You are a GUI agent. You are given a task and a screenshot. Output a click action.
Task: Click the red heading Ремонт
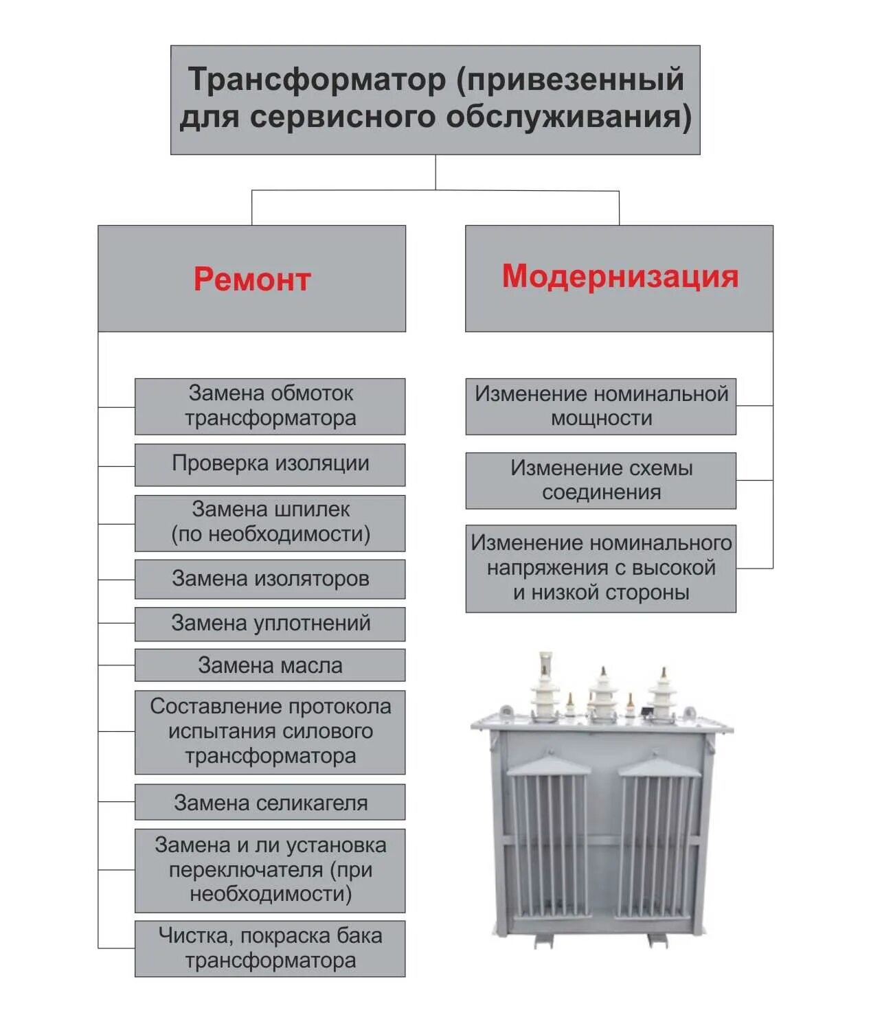click(251, 279)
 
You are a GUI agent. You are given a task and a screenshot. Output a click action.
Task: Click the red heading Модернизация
click(620, 276)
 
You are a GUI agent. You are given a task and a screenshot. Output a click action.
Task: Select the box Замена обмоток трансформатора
click(270, 406)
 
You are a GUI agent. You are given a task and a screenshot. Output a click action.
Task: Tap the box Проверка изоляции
click(270, 464)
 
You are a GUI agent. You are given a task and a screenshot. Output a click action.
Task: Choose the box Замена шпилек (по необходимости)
click(270, 523)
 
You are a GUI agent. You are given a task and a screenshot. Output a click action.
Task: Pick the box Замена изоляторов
click(270, 579)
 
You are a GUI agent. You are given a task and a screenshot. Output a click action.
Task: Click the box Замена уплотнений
click(270, 623)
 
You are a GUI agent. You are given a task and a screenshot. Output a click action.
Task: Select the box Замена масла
click(270, 665)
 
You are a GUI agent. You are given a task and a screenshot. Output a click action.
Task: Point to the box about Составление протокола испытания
click(270, 731)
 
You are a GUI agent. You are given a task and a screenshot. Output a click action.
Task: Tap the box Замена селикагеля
click(270, 802)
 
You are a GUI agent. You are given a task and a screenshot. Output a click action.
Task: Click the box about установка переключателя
click(270, 870)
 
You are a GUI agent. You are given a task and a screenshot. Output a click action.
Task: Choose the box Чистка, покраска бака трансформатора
click(270, 948)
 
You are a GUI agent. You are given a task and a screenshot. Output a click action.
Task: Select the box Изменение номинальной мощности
click(601, 406)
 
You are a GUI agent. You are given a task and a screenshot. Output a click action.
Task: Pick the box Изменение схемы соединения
click(601, 480)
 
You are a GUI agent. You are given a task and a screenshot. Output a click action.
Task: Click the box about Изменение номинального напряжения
click(601, 568)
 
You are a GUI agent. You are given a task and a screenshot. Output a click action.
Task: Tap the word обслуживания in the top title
click(569, 117)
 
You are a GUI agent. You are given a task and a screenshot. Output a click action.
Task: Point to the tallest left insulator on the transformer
click(545, 687)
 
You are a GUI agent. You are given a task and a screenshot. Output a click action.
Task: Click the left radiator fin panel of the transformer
click(549, 845)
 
